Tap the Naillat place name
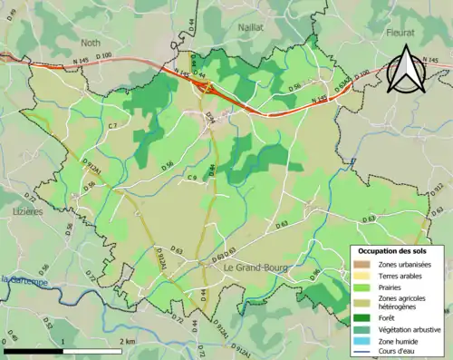(x=249, y=28)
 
